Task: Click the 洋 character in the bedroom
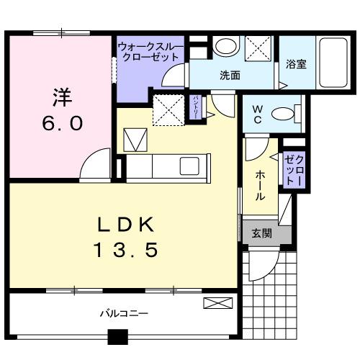[x=61, y=96]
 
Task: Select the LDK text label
[x=127, y=225]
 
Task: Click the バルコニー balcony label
[x=123, y=314]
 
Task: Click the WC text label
[x=257, y=114]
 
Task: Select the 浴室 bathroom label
[x=296, y=63]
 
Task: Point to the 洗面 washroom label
[x=230, y=73]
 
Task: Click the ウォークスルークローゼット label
[x=149, y=51]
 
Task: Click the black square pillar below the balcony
[x=118, y=338]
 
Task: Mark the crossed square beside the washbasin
[x=257, y=48]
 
